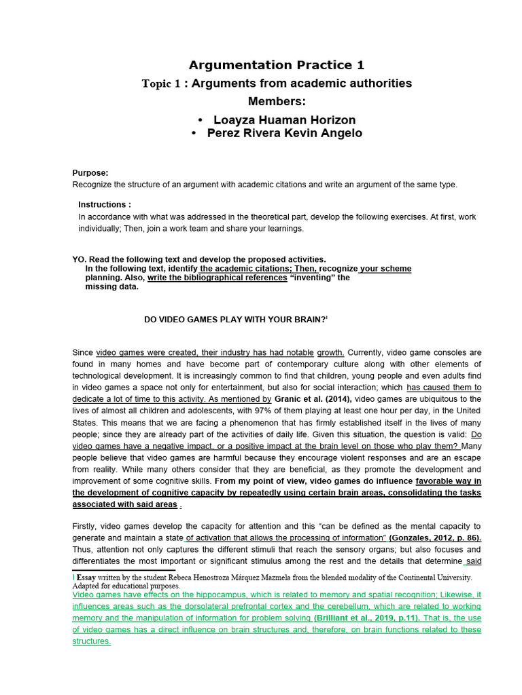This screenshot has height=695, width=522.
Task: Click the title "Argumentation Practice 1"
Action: (276, 65)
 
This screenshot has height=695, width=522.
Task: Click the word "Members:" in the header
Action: (277, 101)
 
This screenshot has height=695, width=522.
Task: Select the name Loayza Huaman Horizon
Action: (284, 120)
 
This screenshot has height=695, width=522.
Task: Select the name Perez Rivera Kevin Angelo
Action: (284, 133)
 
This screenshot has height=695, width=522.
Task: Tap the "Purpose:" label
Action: (90, 173)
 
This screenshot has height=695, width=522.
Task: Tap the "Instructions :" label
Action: (105, 204)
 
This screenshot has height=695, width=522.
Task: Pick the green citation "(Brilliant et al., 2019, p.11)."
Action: (366, 618)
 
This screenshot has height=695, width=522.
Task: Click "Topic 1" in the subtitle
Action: (163, 83)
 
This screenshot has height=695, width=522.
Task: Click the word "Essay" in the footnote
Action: (87, 577)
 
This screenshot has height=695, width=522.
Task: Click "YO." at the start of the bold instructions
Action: (80, 259)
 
